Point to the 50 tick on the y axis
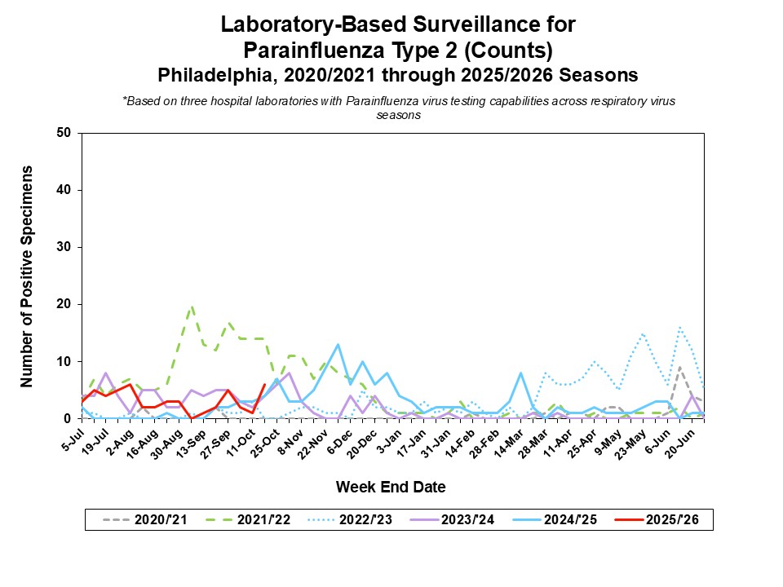64,133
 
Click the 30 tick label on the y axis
64,247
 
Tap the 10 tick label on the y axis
64,361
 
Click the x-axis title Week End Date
391,488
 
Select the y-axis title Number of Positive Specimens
27,276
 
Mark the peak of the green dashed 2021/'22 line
192,307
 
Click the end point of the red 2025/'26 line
264,385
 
